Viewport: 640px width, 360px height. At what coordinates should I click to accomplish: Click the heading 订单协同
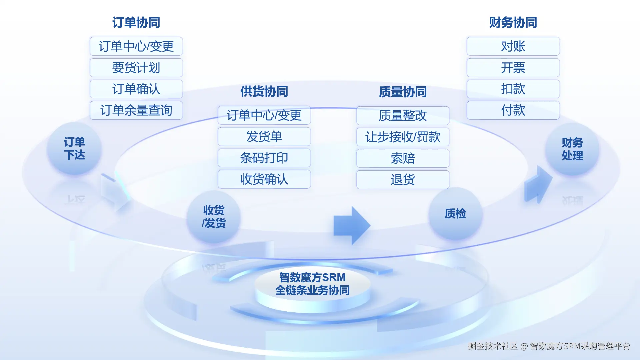click(136, 23)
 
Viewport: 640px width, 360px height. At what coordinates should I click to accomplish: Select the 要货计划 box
click(136, 68)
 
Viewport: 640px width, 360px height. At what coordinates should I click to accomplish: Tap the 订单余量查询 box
click(136, 110)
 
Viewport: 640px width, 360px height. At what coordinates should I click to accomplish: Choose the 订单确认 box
click(136, 89)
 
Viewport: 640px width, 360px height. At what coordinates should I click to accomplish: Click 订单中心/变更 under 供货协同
click(264, 115)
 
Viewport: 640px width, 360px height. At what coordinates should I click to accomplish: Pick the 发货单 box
click(264, 137)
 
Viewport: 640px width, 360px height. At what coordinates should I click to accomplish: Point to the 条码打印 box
click(264, 158)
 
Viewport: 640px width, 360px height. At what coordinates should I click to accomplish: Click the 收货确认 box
click(264, 179)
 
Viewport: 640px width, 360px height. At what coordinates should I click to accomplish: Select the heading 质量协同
click(403, 92)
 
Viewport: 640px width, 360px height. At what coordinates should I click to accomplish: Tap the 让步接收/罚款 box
click(403, 137)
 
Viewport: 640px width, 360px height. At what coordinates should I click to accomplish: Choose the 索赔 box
click(403, 158)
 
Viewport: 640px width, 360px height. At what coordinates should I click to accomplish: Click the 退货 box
click(403, 180)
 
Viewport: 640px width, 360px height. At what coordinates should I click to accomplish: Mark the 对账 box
click(513, 46)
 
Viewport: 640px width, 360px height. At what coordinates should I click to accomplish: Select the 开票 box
click(513, 68)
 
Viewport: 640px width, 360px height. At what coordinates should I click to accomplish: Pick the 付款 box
click(513, 110)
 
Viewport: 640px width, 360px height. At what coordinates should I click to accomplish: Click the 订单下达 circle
click(74, 149)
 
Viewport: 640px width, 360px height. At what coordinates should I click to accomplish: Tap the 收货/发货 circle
click(214, 217)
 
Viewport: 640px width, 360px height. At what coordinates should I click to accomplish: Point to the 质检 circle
click(455, 213)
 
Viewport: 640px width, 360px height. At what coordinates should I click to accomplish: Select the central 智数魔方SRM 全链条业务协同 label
click(312, 284)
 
